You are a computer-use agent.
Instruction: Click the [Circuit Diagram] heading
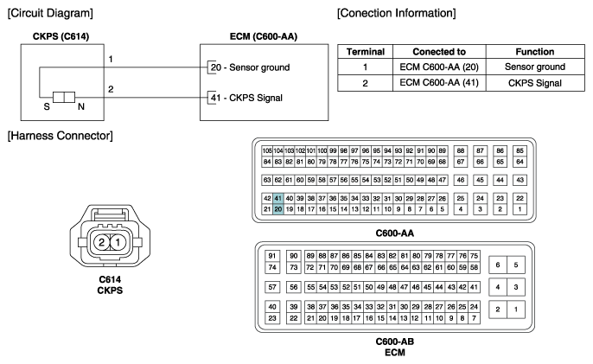click(x=50, y=13)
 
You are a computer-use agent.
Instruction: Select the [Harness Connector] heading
click(x=61, y=136)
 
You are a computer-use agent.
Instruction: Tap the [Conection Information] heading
click(x=396, y=13)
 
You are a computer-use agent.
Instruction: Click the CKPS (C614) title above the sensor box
click(x=61, y=36)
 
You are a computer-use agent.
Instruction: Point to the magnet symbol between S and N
click(x=64, y=97)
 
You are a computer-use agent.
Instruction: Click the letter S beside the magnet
click(x=47, y=106)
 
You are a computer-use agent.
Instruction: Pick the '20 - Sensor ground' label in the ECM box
click(x=250, y=67)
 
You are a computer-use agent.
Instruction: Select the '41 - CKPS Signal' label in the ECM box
click(x=246, y=98)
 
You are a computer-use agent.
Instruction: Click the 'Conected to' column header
click(x=439, y=52)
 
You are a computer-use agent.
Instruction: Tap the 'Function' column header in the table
click(x=535, y=52)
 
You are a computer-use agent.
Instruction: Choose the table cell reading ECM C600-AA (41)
click(x=439, y=83)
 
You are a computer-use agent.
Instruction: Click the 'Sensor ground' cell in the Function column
click(x=535, y=67)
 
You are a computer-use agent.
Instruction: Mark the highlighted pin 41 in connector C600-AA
click(x=278, y=198)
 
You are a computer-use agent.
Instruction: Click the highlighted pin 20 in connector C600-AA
click(x=278, y=209)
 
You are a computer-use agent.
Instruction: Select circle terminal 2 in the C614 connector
click(x=101, y=242)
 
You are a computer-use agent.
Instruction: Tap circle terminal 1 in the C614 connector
click(x=118, y=242)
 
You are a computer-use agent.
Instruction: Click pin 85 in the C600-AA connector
click(x=520, y=150)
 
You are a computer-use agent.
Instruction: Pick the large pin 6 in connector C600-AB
click(x=498, y=265)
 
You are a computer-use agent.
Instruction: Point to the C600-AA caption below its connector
click(x=394, y=233)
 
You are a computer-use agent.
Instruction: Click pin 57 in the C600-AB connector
click(x=272, y=287)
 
